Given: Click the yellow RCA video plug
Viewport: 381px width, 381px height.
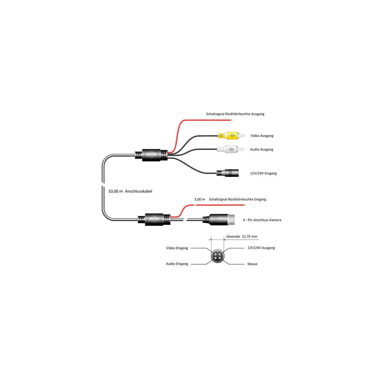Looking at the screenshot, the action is [231, 136].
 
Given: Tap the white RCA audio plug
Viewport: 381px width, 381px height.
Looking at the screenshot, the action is [230, 149].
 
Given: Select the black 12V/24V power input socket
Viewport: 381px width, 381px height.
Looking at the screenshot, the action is [228, 173].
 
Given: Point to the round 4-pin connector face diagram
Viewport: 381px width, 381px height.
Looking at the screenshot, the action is [217, 256].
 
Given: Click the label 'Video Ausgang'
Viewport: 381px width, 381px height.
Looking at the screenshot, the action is [262, 136].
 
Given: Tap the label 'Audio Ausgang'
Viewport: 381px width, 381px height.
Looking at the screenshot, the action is [262, 149].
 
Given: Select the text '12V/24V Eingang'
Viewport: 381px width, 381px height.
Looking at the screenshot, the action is [263, 173].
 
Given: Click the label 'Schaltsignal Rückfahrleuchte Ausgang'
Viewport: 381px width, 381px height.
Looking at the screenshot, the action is [235, 114].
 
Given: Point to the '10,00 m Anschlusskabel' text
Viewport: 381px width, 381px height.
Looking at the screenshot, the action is [130, 191].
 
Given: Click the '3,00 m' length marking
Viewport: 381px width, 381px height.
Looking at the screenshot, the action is [200, 199].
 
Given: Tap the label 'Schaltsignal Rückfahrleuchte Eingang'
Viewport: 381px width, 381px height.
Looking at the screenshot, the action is [238, 199].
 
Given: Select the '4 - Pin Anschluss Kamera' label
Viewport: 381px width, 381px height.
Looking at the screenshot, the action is [262, 220].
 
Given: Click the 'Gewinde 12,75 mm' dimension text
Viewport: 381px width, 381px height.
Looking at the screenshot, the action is [242, 236].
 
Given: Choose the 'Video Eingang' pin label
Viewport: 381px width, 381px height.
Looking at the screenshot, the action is [177, 248].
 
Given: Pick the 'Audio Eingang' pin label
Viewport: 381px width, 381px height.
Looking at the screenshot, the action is [177, 264].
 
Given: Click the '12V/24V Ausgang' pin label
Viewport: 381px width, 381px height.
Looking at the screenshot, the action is [261, 248].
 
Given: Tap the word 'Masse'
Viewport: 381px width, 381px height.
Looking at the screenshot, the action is [252, 264].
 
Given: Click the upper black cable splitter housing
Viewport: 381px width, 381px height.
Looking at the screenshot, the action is [151, 155].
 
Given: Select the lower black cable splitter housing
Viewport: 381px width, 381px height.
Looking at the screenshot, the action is [154, 219].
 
